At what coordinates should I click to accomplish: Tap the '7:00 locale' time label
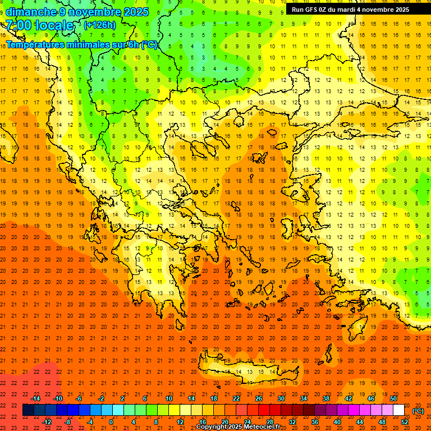click(x=40, y=25)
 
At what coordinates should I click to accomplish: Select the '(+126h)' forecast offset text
click(x=100, y=25)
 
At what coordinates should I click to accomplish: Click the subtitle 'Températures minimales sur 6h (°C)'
click(x=82, y=45)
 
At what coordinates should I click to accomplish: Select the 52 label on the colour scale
click(x=405, y=422)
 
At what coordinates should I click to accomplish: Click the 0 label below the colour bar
click(x=111, y=422)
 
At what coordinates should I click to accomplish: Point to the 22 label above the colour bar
click(x=236, y=398)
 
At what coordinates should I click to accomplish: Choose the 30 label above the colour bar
click(x=281, y=398)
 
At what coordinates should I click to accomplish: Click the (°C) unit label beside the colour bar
click(x=418, y=411)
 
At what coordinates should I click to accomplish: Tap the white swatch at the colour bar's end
click(x=399, y=410)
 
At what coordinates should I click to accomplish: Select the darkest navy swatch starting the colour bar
click(x=28, y=410)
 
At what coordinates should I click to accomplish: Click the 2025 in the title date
click(x=136, y=12)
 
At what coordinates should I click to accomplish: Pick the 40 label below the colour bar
click(x=337, y=422)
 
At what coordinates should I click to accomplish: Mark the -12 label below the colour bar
click(x=47, y=422)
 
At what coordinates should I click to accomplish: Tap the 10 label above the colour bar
click(x=168, y=398)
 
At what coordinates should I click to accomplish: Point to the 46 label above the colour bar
click(x=371, y=398)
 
